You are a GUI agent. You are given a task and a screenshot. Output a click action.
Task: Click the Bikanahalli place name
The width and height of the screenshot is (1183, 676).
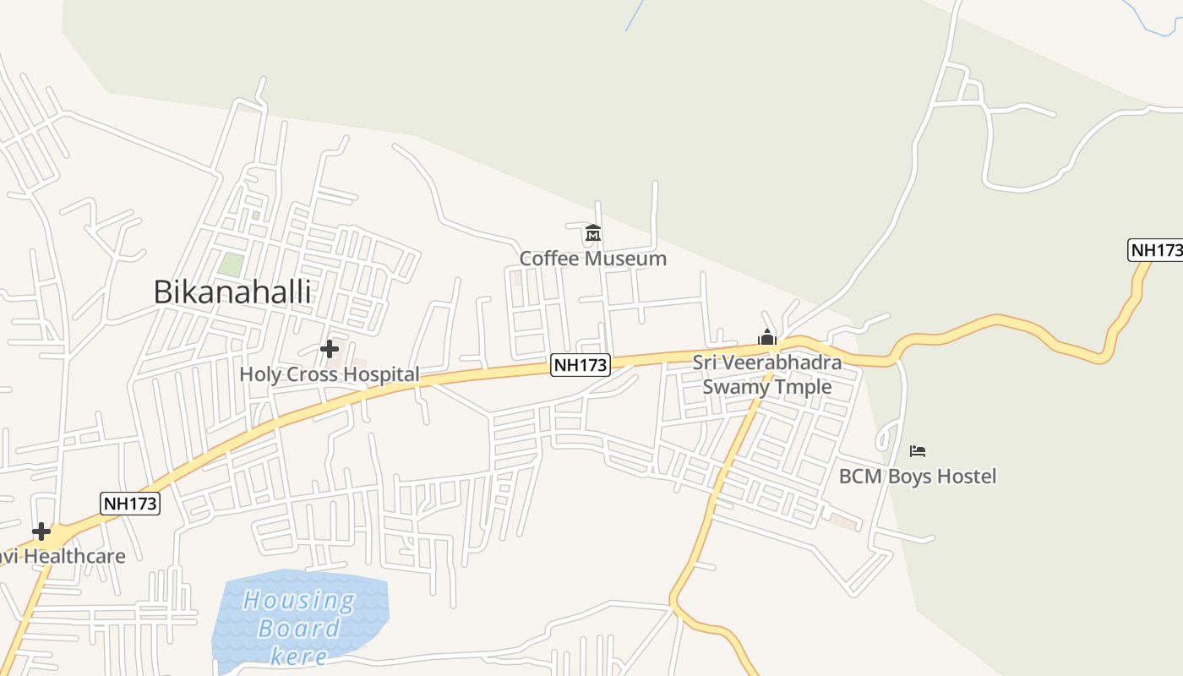(x=232, y=292)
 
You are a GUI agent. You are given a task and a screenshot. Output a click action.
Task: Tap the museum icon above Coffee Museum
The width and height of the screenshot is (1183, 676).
(x=593, y=232)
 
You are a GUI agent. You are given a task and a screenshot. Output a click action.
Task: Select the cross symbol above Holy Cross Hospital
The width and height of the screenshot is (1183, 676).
(x=330, y=348)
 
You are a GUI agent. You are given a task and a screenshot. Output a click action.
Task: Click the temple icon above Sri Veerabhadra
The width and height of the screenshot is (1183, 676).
(x=767, y=337)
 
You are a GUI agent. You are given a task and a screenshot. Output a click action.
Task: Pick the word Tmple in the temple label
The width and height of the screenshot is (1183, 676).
(x=805, y=387)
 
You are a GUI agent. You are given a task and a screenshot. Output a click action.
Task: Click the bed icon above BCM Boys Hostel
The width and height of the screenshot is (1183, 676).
(x=918, y=450)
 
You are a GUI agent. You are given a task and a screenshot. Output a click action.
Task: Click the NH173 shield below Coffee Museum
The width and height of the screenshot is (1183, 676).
(x=581, y=365)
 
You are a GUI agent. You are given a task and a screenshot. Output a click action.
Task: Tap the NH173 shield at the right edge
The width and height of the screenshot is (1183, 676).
(x=1155, y=250)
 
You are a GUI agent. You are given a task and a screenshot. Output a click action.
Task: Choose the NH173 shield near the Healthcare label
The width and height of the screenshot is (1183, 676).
(x=130, y=504)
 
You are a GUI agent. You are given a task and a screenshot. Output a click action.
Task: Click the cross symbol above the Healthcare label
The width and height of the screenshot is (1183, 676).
(x=41, y=532)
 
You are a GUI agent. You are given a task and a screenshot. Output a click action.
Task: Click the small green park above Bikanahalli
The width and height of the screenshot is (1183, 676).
(x=231, y=263)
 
